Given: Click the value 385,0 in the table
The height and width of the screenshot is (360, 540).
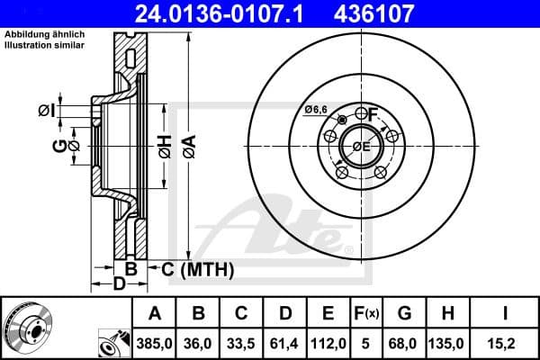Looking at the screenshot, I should pos(154,342).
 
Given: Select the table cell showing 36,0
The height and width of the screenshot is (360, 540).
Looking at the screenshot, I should pos(199,342).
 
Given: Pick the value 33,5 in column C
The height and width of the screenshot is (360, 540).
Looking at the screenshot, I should pos(242,342).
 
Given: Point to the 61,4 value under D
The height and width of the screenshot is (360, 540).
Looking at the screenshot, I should pos(285,342).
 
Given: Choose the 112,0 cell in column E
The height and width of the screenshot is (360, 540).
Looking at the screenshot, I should pos(328,342).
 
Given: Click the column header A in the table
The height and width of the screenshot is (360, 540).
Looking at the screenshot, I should pos(154,313).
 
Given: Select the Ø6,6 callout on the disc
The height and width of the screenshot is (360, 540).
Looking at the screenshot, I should pos(315,109).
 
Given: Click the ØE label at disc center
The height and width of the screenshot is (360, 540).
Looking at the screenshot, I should pos(361,146).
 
